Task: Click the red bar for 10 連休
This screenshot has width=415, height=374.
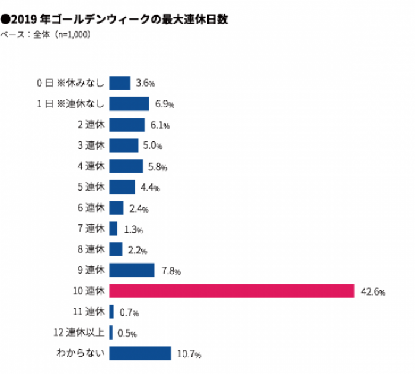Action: point(232,291)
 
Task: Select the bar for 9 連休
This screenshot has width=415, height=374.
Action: point(132,270)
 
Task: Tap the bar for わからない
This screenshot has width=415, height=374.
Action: point(140,353)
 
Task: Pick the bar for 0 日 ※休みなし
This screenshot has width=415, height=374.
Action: point(120,83)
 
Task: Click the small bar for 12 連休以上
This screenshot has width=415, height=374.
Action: point(111,332)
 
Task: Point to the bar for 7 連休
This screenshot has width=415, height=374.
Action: point(113,229)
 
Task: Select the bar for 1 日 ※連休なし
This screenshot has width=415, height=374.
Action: point(129,104)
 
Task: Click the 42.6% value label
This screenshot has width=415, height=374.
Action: point(373,292)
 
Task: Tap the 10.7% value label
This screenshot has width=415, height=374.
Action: point(189,354)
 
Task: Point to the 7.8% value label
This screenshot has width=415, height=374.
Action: point(171,271)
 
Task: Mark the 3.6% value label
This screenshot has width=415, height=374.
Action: point(145,84)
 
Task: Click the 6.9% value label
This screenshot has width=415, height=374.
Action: point(164,104)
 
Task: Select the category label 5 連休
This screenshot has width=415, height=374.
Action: point(91,187)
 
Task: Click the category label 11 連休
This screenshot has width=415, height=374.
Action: point(88,312)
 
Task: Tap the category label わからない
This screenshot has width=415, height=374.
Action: point(81,353)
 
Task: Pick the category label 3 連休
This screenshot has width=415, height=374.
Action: point(91,145)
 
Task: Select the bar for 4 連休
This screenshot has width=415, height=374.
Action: point(126,166)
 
